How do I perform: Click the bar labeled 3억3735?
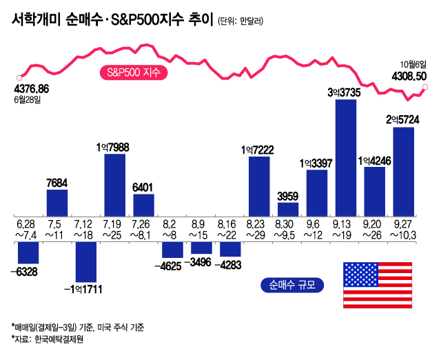(346, 158)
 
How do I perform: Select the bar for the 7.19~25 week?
(115, 184)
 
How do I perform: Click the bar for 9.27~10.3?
(403, 170)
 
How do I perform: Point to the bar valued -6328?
(28, 252)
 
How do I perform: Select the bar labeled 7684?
(57, 202)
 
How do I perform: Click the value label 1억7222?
(258, 148)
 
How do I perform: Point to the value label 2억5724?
(402, 119)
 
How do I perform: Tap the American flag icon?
(377, 285)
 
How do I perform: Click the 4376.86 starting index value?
(31, 89)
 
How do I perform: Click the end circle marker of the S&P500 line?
(425, 87)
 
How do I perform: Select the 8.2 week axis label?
(172, 223)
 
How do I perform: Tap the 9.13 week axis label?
(346, 223)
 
